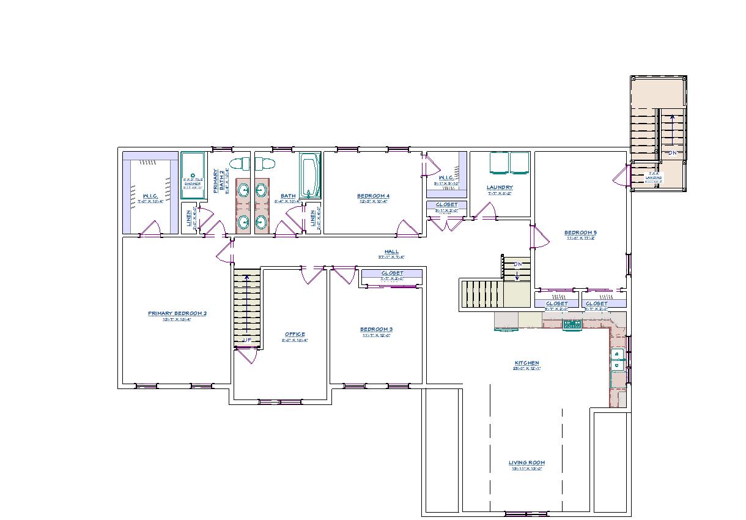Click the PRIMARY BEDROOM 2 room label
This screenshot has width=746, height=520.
pyautogui.click(x=177, y=313)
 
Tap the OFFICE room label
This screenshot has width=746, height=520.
pyautogui.click(x=295, y=334)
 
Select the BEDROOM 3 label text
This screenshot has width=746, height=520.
pyautogui.click(x=376, y=329)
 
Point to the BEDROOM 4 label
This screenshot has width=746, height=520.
pyautogui.click(x=373, y=196)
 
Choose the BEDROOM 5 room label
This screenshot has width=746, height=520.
pyautogui.click(x=580, y=232)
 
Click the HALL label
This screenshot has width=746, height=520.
pyautogui.click(x=391, y=251)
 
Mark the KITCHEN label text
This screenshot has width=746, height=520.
pyautogui.click(x=526, y=363)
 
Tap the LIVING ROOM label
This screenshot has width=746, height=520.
pyautogui.click(x=526, y=462)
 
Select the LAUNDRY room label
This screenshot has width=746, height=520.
pyautogui.click(x=500, y=187)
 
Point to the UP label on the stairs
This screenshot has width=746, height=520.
pyautogui.click(x=247, y=340)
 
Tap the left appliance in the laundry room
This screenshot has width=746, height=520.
pyautogui.click(x=499, y=163)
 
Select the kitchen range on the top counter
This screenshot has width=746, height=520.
pyautogui.click(x=572, y=324)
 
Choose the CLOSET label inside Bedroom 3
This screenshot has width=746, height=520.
pyautogui.click(x=392, y=273)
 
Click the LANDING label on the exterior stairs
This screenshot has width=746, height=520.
pyautogui.click(x=653, y=177)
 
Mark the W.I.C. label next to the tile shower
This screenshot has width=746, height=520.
pyautogui.click(x=150, y=196)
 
